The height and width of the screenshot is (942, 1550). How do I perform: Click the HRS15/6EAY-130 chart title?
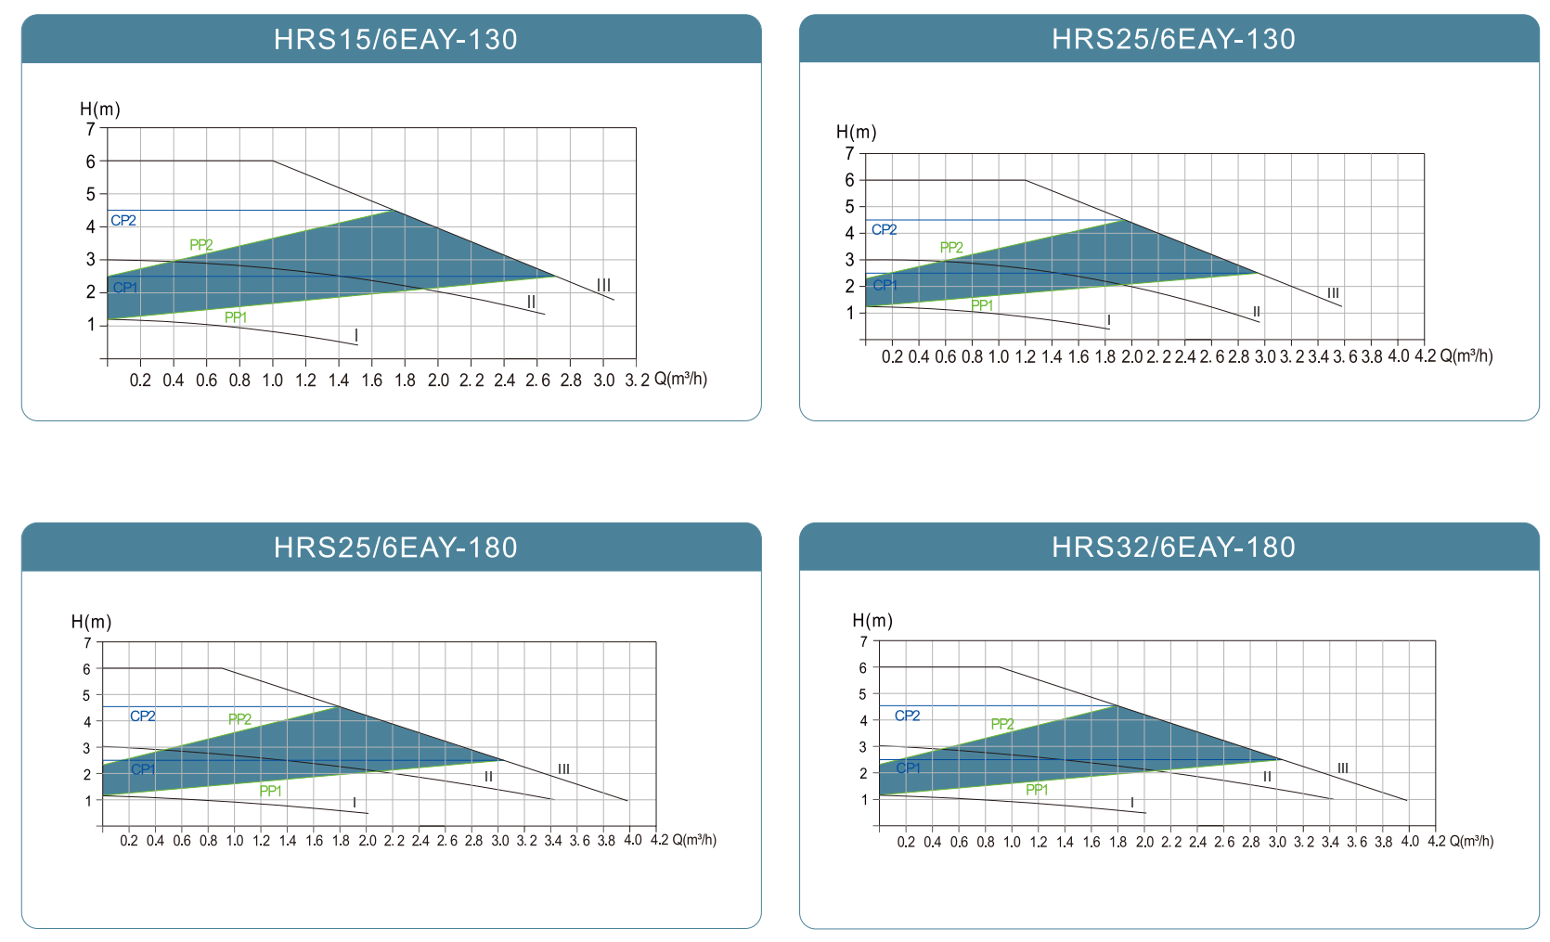tap(395, 39)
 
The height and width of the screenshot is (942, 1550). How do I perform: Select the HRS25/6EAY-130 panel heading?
tap(1173, 39)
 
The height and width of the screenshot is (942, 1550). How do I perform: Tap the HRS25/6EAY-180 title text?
tap(395, 548)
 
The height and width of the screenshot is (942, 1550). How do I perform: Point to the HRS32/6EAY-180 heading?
tap(1173, 548)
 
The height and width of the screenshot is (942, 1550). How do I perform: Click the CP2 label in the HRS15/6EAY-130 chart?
tap(123, 221)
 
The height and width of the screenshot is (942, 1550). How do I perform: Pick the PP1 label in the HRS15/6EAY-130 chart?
tap(236, 317)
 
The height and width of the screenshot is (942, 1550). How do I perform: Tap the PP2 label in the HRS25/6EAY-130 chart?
tap(951, 248)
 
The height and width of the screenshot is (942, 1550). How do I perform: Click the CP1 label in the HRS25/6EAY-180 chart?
tap(143, 769)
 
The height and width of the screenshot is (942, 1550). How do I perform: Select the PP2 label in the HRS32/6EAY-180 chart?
tap(1002, 724)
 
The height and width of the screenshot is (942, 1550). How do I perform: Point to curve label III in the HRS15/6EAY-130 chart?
tap(603, 285)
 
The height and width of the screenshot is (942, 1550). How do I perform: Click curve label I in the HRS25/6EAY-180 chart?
tap(354, 803)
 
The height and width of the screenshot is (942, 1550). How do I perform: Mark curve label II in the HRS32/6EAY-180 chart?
tap(1267, 777)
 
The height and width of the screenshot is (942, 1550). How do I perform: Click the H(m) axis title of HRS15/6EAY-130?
tap(100, 110)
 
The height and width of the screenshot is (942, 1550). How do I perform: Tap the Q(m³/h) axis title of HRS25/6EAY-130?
tap(1466, 356)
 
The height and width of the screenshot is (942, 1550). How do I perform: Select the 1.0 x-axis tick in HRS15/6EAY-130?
tap(272, 381)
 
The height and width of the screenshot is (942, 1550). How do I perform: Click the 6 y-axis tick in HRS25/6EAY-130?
tap(849, 181)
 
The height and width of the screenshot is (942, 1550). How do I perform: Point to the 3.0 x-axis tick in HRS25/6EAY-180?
tap(500, 841)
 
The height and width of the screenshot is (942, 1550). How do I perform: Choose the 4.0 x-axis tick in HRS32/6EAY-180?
tap(1410, 842)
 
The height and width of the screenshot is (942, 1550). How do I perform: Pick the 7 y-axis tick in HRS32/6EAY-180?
tap(863, 641)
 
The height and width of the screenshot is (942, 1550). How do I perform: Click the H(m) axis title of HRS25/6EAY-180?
tap(91, 622)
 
